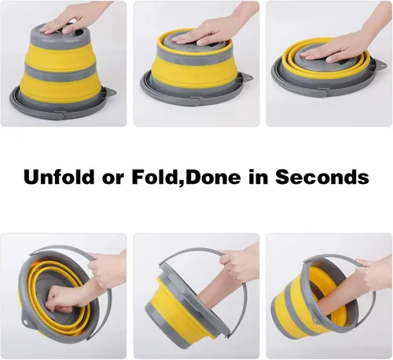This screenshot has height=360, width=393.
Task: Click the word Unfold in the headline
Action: (x=59, y=177)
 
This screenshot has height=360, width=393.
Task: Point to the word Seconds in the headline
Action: (x=322, y=177)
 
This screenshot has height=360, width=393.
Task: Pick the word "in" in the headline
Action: (x=259, y=177)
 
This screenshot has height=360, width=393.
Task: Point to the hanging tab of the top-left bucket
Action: (x=112, y=92)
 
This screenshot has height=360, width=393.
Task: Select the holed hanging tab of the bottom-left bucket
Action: (x=26, y=321)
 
